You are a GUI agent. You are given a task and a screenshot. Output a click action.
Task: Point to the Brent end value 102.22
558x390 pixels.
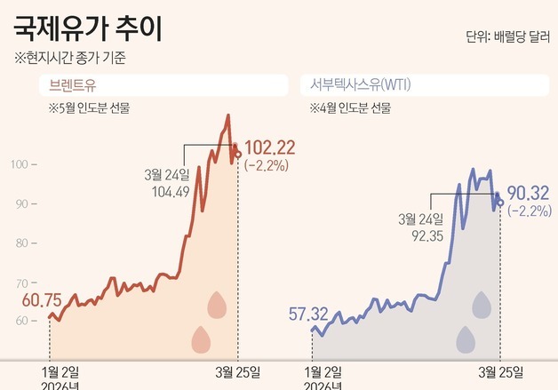pyautogui.click(x=269, y=147)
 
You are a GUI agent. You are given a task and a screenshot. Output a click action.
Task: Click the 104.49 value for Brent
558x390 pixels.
pyautogui.click(x=171, y=191)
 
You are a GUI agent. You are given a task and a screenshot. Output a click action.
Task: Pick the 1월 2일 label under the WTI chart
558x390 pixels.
pyautogui.click(x=322, y=370)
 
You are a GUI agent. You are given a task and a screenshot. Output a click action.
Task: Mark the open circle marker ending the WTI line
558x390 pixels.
pyautogui.click(x=500, y=203)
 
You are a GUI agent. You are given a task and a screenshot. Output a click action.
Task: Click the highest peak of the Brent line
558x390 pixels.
pyautogui.click(x=228, y=115)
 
